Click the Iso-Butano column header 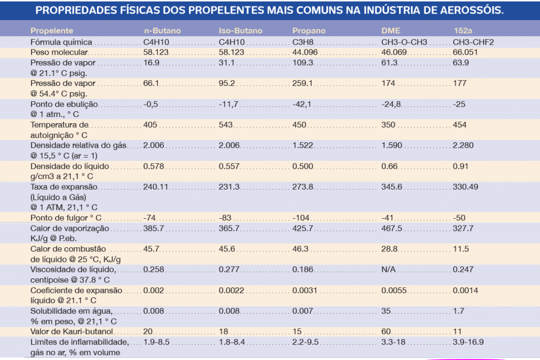240,31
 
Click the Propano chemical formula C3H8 304,42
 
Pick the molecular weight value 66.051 465,52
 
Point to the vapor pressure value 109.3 303,63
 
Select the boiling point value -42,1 303,104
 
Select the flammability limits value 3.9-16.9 468,342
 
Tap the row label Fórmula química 61,42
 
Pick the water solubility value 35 385,311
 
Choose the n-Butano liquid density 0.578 153,166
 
